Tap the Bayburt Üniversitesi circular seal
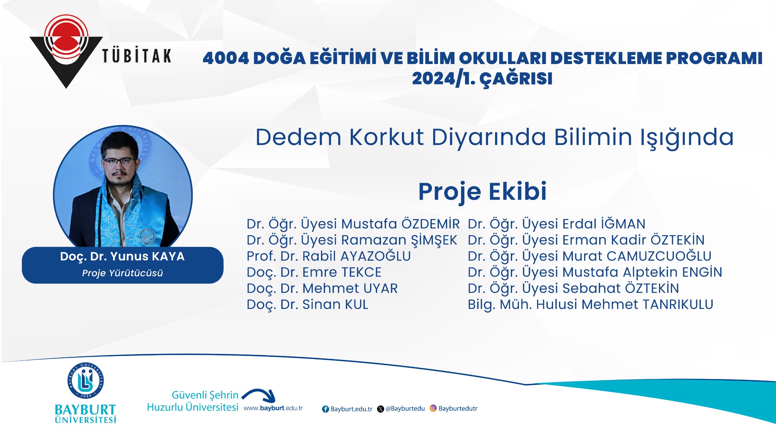pyautogui.click(x=85, y=380)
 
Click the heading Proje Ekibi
pyautogui.click(x=482, y=192)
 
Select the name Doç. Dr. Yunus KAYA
pyautogui.click(x=122, y=256)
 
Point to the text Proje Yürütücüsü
pyautogui.click(x=122, y=273)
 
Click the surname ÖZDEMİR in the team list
pyautogui.click(x=430, y=224)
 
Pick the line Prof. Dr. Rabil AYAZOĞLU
pyautogui.click(x=329, y=256)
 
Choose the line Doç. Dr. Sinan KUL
pyautogui.click(x=307, y=305)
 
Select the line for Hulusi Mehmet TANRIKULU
pyautogui.click(x=590, y=305)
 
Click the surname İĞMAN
pyautogui.click(x=623, y=224)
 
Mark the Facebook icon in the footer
pyautogui.click(x=326, y=409)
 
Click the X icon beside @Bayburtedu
pyautogui.click(x=380, y=409)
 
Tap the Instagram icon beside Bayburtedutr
pyautogui.click(x=433, y=408)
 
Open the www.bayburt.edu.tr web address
pyautogui.click(x=273, y=408)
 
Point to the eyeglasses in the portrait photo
pyautogui.click(x=119, y=161)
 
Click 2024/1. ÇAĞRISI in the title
pyautogui.click(x=482, y=79)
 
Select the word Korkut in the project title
pyautogui.click(x=386, y=137)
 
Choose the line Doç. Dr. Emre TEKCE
pyautogui.click(x=314, y=272)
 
